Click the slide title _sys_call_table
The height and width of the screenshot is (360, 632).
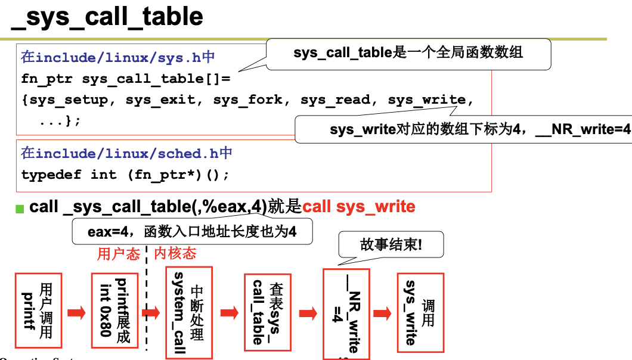(x=107, y=17)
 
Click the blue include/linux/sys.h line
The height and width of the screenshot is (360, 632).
(x=118, y=57)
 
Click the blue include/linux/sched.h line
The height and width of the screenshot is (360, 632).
(x=126, y=153)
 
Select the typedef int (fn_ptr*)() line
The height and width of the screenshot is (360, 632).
(x=125, y=175)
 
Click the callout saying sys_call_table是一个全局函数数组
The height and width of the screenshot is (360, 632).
(x=408, y=53)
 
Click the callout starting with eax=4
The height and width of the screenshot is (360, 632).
(x=192, y=231)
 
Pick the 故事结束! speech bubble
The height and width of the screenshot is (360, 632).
(x=391, y=244)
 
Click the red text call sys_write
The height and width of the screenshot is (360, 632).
(x=359, y=207)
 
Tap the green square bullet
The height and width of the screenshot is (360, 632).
(x=20, y=209)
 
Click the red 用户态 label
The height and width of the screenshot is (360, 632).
(x=118, y=255)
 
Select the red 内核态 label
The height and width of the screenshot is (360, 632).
(x=175, y=255)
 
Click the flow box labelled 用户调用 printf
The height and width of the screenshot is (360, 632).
(x=38, y=311)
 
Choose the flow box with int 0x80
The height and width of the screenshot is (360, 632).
(x=114, y=311)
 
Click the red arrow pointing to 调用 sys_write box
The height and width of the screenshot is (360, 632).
(x=384, y=312)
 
